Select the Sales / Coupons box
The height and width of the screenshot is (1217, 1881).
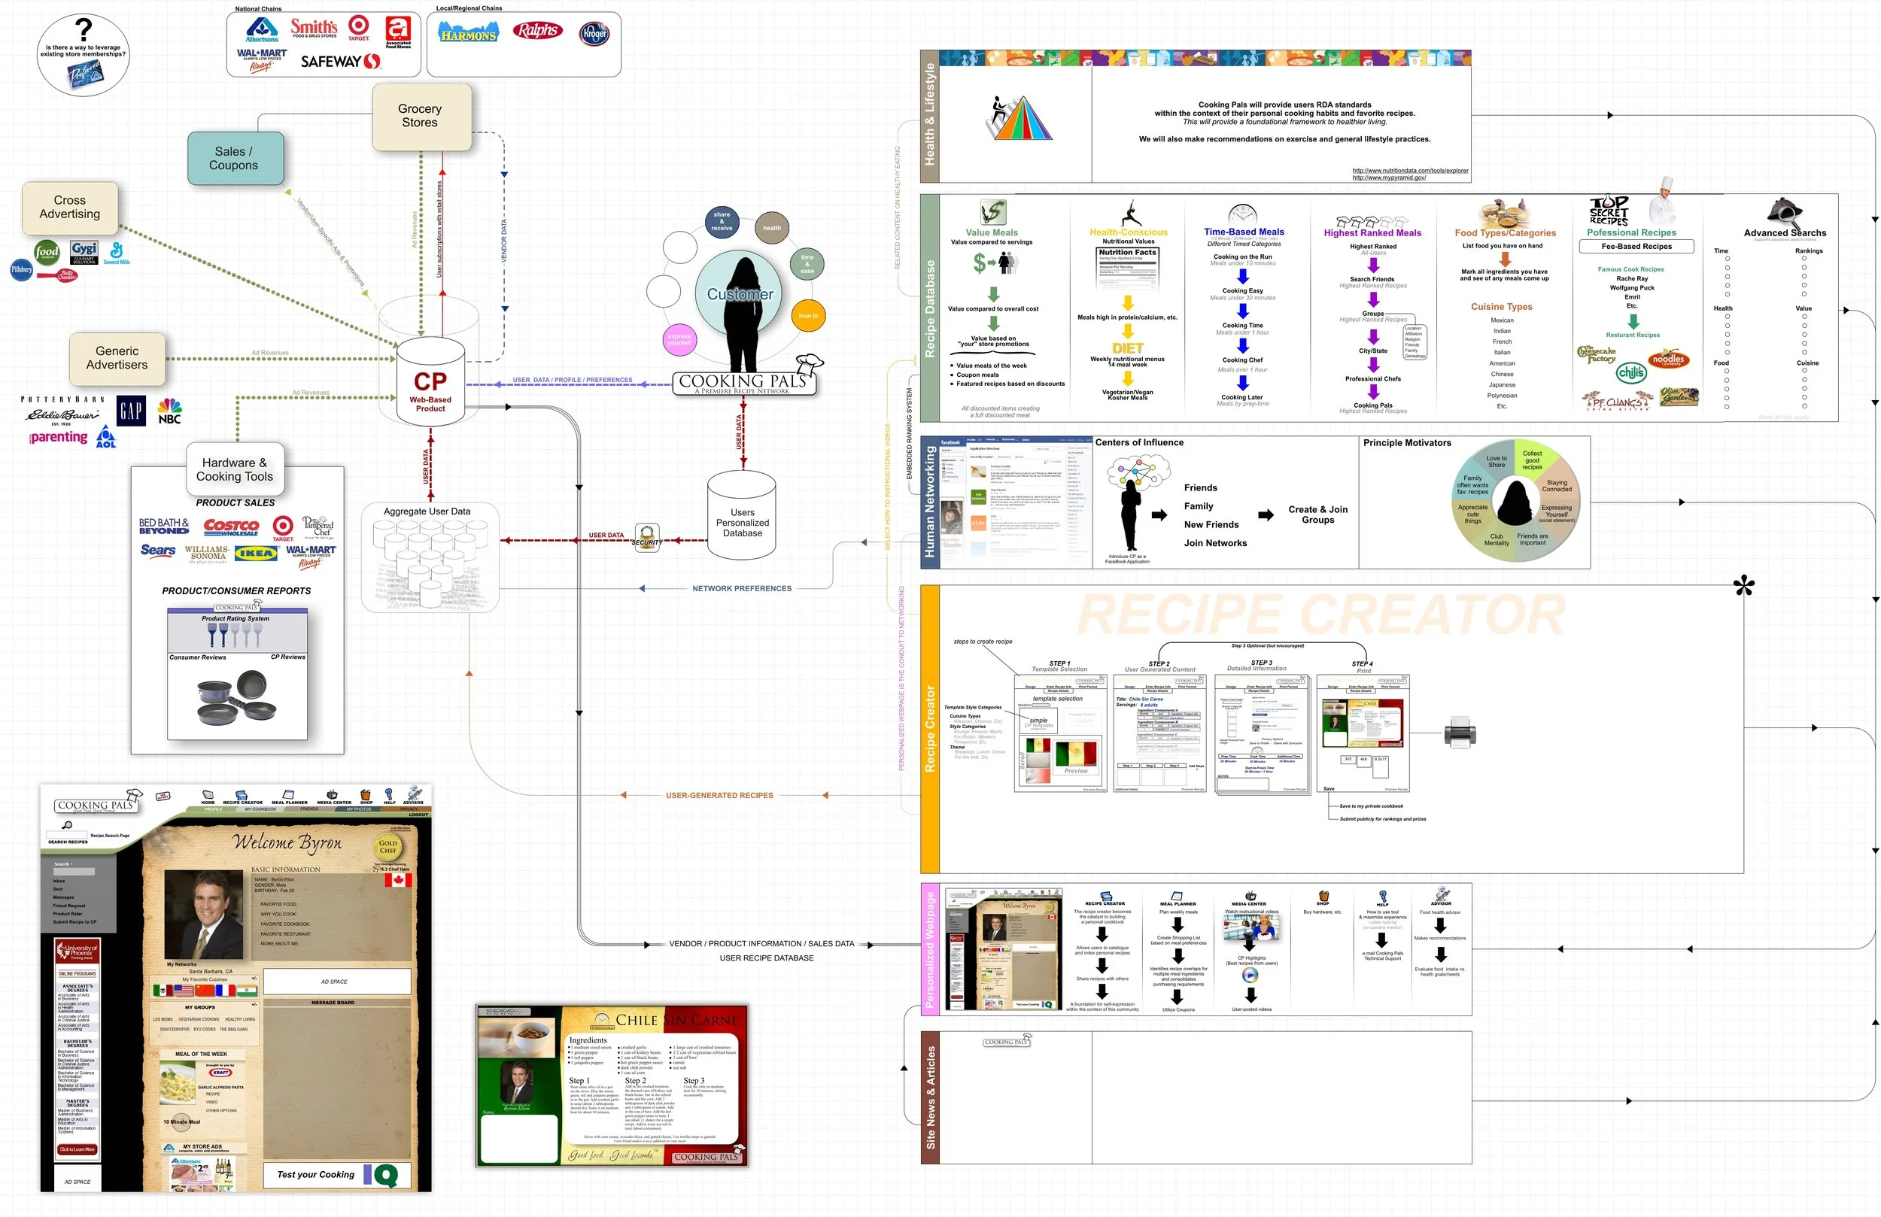(x=234, y=158)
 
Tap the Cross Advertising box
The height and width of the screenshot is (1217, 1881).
(x=70, y=207)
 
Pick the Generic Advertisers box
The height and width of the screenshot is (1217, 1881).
(x=117, y=358)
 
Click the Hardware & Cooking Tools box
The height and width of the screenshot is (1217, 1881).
(x=234, y=469)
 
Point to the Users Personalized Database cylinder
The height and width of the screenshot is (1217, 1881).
(x=742, y=522)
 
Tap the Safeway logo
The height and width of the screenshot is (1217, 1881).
(x=341, y=61)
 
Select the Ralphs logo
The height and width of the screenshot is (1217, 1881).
(x=537, y=31)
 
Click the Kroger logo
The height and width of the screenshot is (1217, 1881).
(x=594, y=34)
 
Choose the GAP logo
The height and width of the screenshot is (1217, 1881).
(x=131, y=411)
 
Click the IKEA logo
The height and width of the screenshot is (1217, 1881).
(x=256, y=553)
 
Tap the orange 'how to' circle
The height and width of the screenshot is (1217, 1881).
(x=808, y=316)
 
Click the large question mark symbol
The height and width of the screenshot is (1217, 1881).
(x=83, y=30)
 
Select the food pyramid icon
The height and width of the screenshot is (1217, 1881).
(x=1022, y=119)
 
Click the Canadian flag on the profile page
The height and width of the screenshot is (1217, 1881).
(x=398, y=879)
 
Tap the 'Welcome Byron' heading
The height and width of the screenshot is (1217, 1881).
(x=287, y=842)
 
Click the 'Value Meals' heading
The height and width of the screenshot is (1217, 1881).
(x=991, y=232)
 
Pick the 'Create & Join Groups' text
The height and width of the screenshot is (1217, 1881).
(x=1317, y=514)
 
